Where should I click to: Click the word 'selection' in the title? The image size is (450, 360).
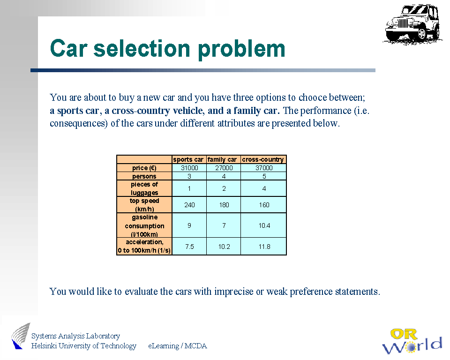142,48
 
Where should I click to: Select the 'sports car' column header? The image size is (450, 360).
188,159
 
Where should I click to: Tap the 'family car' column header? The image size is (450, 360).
222,159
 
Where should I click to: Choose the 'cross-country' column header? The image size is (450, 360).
263,159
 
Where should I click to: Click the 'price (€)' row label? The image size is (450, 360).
144,168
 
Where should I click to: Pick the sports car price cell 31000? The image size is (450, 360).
189,168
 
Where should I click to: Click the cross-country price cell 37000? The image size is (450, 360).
264,168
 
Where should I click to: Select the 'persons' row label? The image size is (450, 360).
144,176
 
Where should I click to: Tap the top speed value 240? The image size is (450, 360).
189,205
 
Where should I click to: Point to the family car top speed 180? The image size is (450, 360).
224,205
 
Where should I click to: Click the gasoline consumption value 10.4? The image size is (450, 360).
264,225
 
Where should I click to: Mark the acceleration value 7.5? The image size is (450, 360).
189,247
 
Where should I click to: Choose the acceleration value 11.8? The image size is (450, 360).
264,247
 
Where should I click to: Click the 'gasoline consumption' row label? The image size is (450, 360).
144,225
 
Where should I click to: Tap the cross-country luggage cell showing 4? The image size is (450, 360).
264,188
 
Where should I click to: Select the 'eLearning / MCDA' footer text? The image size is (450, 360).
177,345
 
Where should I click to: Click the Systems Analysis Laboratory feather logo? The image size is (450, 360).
21,336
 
